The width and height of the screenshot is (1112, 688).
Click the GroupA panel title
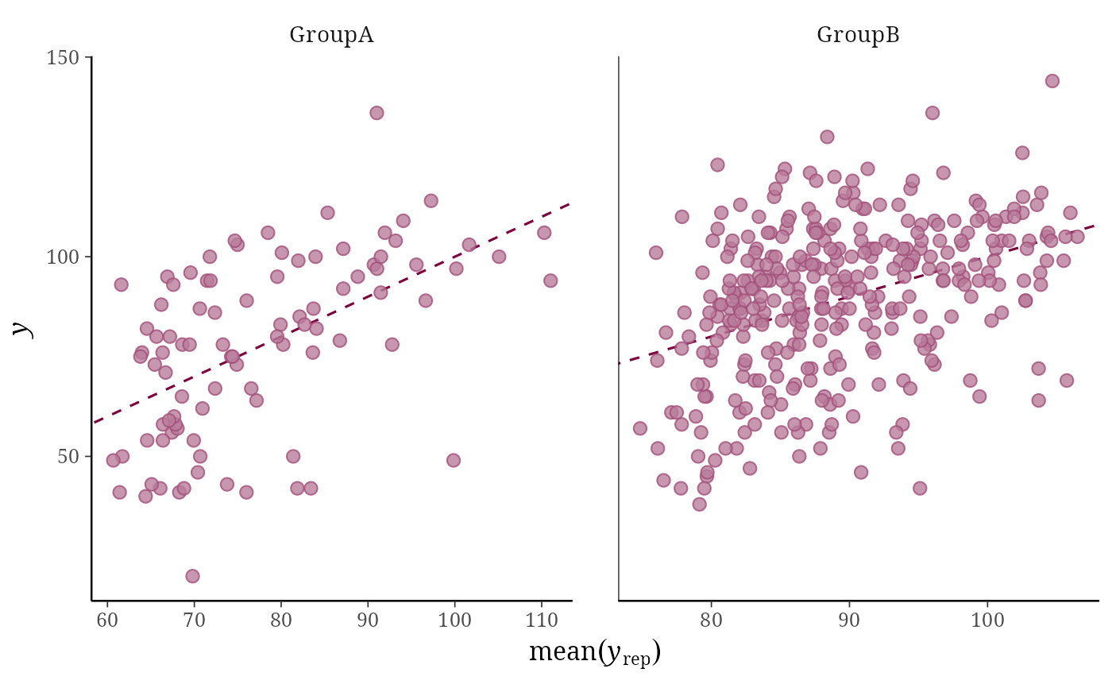[x=331, y=35]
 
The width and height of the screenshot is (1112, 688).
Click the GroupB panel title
[x=858, y=35]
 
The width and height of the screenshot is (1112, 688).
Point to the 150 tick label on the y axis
[x=63, y=58]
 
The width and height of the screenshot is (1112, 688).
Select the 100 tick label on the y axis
[x=63, y=257]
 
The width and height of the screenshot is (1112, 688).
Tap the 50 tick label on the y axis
[x=68, y=457]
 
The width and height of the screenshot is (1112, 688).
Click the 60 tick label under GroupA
[x=107, y=620]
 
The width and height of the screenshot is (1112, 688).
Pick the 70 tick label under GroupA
[x=194, y=620]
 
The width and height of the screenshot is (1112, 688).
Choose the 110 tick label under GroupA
[x=542, y=620]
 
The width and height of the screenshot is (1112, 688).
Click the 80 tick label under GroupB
[x=711, y=620]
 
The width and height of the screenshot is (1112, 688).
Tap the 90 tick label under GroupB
[x=849, y=620]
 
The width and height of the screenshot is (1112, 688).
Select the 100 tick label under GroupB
[x=987, y=620]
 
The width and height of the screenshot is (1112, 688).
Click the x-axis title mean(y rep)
[x=595, y=652]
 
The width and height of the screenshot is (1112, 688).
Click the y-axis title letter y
[x=22, y=329]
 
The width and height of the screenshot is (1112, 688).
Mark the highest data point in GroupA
[x=376, y=113]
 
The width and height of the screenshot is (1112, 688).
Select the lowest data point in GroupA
[x=192, y=576]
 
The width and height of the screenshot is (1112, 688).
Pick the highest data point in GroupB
[x=1052, y=81]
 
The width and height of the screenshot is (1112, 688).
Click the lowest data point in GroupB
[x=700, y=504]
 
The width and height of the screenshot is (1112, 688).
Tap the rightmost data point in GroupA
[x=550, y=281]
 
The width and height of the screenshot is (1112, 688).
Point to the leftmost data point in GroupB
[x=640, y=428]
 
